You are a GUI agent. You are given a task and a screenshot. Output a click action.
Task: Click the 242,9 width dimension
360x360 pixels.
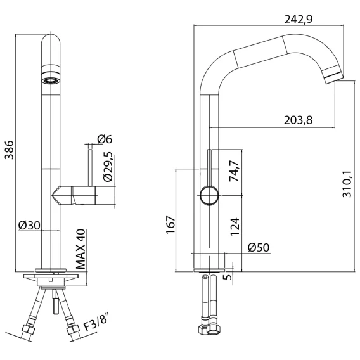click(x=299, y=20)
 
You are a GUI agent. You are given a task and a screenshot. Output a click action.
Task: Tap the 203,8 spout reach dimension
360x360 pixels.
click(x=299, y=120)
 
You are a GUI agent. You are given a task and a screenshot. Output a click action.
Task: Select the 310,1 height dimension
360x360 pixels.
click(x=347, y=184)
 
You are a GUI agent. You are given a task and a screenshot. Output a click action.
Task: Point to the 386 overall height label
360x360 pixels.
click(x=10, y=150)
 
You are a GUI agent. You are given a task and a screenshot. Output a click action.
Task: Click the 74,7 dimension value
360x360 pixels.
click(x=235, y=171)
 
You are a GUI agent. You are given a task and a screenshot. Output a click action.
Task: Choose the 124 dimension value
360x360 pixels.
click(x=235, y=227)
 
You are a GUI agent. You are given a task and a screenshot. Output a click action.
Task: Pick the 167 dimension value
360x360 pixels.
click(x=170, y=225)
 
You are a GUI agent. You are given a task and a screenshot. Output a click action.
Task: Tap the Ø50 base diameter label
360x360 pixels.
click(x=259, y=247)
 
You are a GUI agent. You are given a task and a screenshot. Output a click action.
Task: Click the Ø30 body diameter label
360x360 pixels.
click(x=29, y=226)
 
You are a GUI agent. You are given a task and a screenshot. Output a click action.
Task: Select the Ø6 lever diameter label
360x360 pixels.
click(x=105, y=139)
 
